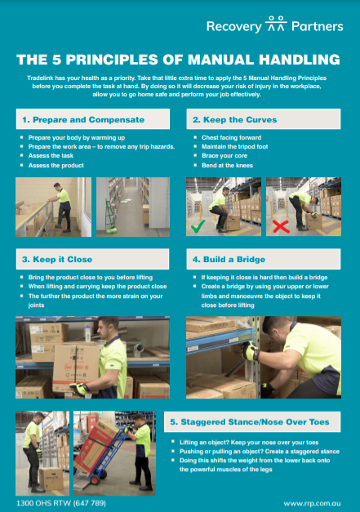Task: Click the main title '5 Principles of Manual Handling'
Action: click(x=178, y=59)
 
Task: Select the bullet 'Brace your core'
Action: click(x=224, y=156)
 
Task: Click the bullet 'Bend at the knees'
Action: click(x=228, y=166)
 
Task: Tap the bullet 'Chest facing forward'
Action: click(x=231, y=137)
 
